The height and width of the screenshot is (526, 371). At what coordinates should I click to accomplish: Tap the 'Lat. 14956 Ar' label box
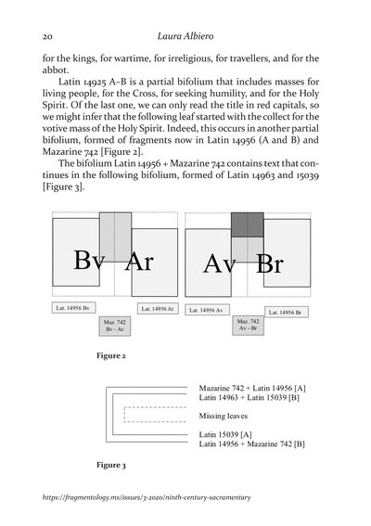pos(158,307)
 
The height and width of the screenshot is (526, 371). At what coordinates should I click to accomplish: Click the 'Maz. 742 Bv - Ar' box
pos(115,327)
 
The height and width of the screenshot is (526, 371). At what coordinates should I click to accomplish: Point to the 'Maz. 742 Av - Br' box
pos(248,326)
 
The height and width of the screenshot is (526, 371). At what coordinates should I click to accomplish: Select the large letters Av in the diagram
pos(221,265)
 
